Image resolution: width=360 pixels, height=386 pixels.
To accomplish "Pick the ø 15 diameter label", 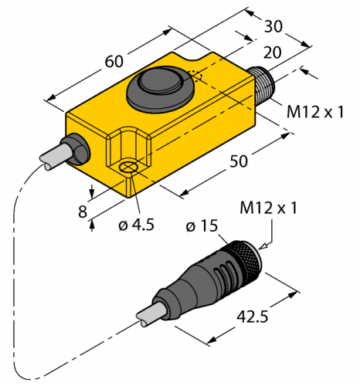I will pos(203,227).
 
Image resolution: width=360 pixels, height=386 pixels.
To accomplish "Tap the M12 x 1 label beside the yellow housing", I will pos(314,113).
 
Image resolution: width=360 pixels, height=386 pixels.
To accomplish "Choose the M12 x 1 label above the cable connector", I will pos(269,208).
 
